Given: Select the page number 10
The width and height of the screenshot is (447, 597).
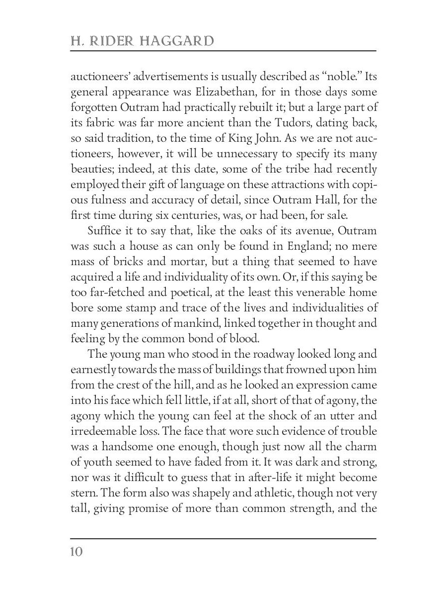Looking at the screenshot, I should tap(76, 552).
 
